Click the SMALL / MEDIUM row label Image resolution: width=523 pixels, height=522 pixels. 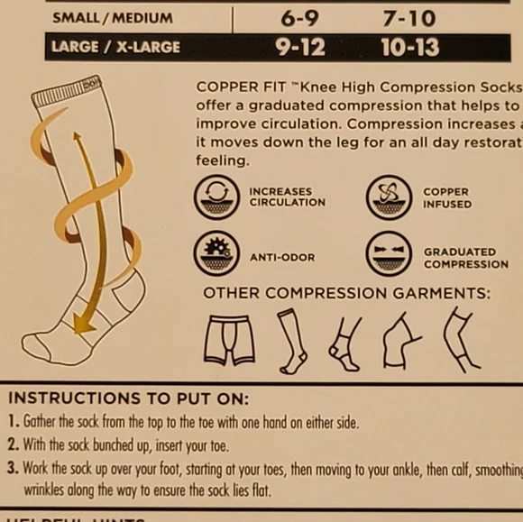pyautogui.click(x=113, y=17)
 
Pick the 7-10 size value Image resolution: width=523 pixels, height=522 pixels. pyautogui.click(x=409, y=17)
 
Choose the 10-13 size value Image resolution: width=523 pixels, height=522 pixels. pyautogui.click(x=409, y=47)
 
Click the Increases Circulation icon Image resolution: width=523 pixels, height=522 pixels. pyautogui.click(x=216, y=197)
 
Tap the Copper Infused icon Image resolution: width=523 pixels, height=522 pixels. pyautogui.click(x=389, y=197)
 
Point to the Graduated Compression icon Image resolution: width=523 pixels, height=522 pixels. pyautogui.click(x=389, y=258)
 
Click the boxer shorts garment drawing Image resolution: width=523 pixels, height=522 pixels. pyautogui.click(x=229, y=339)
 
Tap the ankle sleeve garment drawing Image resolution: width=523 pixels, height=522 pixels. pyautogui.click(x=344, y=342)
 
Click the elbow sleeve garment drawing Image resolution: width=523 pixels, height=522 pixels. pyautogui.click(x=461, y=339)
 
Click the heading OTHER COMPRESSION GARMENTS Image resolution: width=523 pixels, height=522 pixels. pyautogui.click(x=347, y=293)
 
